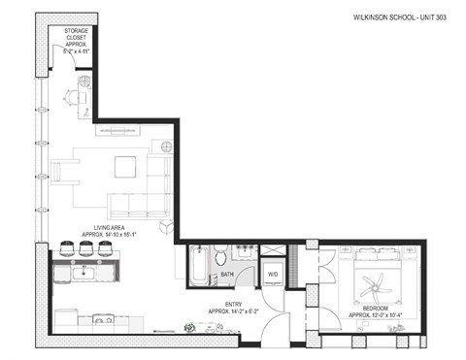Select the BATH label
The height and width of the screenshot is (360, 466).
click(226, 274)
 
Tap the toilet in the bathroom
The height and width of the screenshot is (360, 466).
click(220, 257)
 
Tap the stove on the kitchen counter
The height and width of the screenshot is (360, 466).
click(102, 318)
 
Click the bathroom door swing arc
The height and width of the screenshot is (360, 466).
click(246, 280)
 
